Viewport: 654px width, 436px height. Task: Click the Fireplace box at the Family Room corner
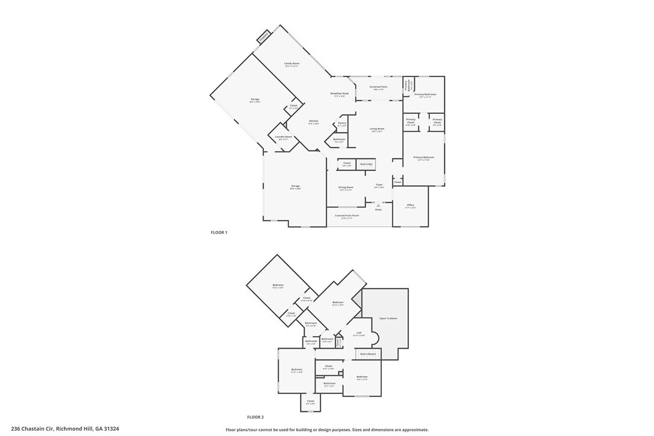click(x=264, y=37)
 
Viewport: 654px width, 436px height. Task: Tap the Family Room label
click(x=292, y=64)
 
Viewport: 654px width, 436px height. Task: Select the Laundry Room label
click(x=284, y=137)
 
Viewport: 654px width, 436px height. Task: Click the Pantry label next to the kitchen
click(x=341, y=123)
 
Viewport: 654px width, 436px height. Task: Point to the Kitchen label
click(x=314, y=122)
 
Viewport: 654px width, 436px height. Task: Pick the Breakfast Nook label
click(x=340, y=94)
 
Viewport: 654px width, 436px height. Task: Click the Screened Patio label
click(x=379, y=87)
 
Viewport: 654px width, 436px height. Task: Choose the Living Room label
click(x=377, y=129)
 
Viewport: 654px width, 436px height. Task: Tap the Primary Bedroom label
click(x=423, y=158)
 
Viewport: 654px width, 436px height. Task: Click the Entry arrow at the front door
click(x=379, y=206)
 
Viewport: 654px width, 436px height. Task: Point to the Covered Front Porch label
click(x=347, y=216)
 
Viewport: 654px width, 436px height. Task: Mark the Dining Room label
click(x=346, y=188)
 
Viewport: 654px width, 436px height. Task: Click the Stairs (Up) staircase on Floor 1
click(x=366, y=164)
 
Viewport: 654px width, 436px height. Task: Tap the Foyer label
click(x=379, y=185)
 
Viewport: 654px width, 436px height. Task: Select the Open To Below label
click(x=388, y=318)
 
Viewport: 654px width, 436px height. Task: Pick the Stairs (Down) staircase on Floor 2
click(x=367, y=354)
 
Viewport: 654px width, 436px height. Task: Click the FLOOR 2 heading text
click(x=255, y=417)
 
